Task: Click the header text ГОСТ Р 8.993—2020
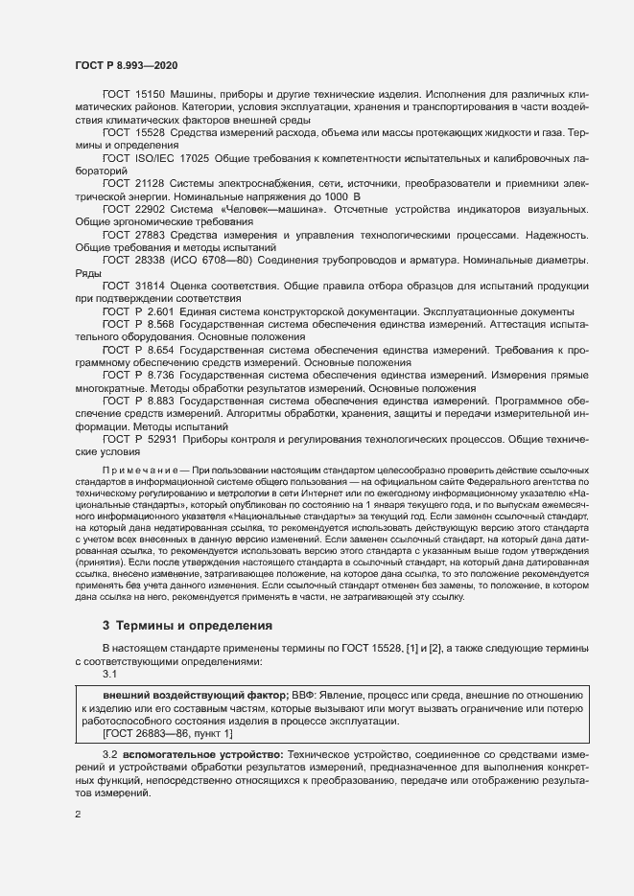126,64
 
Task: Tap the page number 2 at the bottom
78,815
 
